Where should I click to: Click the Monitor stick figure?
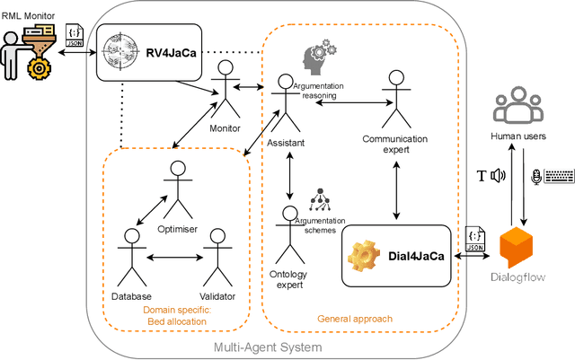coord(224,96)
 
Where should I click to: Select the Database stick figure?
coord(132,257)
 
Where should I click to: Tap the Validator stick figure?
coord(216,257)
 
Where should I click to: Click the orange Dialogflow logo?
coord(523,249)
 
